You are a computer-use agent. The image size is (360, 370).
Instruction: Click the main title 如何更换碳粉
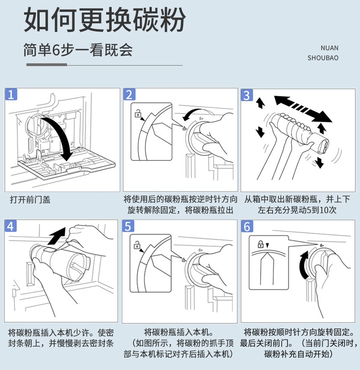point(104,21)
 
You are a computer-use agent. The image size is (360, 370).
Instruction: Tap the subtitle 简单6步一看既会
point(78,50)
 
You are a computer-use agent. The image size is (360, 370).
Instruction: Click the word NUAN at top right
point(329,48)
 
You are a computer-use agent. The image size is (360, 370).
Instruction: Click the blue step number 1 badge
point(11,95)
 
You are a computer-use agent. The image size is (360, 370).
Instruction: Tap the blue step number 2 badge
point(129,95)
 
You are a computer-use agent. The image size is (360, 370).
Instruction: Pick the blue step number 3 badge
point(247,95)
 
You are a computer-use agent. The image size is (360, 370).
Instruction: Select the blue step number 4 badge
point(11,226)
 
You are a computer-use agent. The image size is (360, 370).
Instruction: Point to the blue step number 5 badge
point(129,226)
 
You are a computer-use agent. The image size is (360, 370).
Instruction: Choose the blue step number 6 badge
point(247,226)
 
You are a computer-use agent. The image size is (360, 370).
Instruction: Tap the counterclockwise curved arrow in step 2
point(195,113)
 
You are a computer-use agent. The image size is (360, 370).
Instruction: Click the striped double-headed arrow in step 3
point(303,108)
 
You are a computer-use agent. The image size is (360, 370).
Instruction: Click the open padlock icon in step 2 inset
point(137,113)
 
